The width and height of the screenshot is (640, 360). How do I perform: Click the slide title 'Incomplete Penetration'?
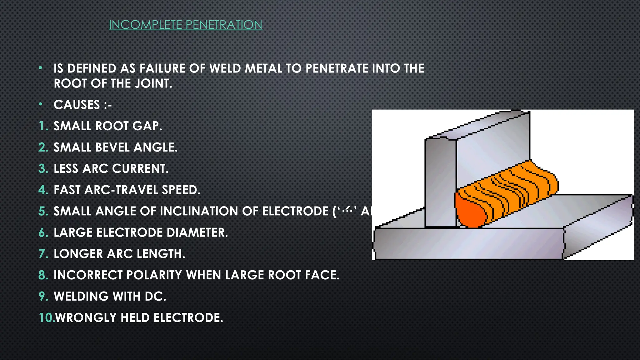point(185,25)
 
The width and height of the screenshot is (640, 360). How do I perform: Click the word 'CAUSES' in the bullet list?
point(77,105)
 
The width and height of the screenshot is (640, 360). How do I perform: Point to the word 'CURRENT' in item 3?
point(140,168)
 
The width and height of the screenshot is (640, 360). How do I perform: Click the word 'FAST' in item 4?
point(67,190)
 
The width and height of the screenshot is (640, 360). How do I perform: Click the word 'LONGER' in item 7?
point(78,253)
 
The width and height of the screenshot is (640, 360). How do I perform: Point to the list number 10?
point(46,317)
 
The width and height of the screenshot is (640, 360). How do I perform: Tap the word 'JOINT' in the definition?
point(153,83)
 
